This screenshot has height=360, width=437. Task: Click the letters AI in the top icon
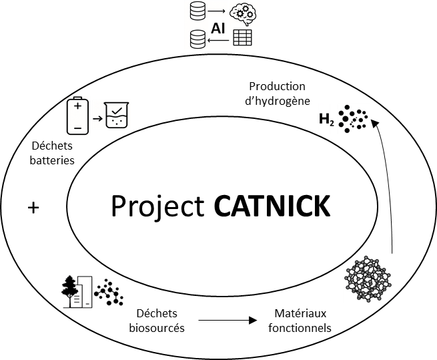[217, 29]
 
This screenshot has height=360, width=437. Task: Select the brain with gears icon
[242, 13]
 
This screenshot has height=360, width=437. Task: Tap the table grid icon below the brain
[242, 37]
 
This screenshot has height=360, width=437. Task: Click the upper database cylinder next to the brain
[197, 11]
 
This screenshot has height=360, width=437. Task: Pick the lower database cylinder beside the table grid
[197, 39]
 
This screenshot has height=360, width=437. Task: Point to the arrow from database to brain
[216, 11]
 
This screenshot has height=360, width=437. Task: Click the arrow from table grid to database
[218, 40]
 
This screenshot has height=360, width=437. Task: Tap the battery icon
[77, 116]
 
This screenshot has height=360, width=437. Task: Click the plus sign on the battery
[77, 106]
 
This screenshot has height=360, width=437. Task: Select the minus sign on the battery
[77, 128]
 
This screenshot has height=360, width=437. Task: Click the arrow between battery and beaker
[97, 119]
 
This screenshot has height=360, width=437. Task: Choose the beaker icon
[116, 115]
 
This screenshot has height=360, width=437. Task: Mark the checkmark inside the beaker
[117, 110]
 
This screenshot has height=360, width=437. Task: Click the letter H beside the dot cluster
[324, 119]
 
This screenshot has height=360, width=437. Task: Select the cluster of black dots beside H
[353, 119]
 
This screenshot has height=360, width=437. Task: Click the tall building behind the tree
[85, 291]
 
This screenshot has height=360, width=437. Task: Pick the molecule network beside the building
[109, 293]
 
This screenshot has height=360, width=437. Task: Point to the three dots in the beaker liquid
[117, 122]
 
